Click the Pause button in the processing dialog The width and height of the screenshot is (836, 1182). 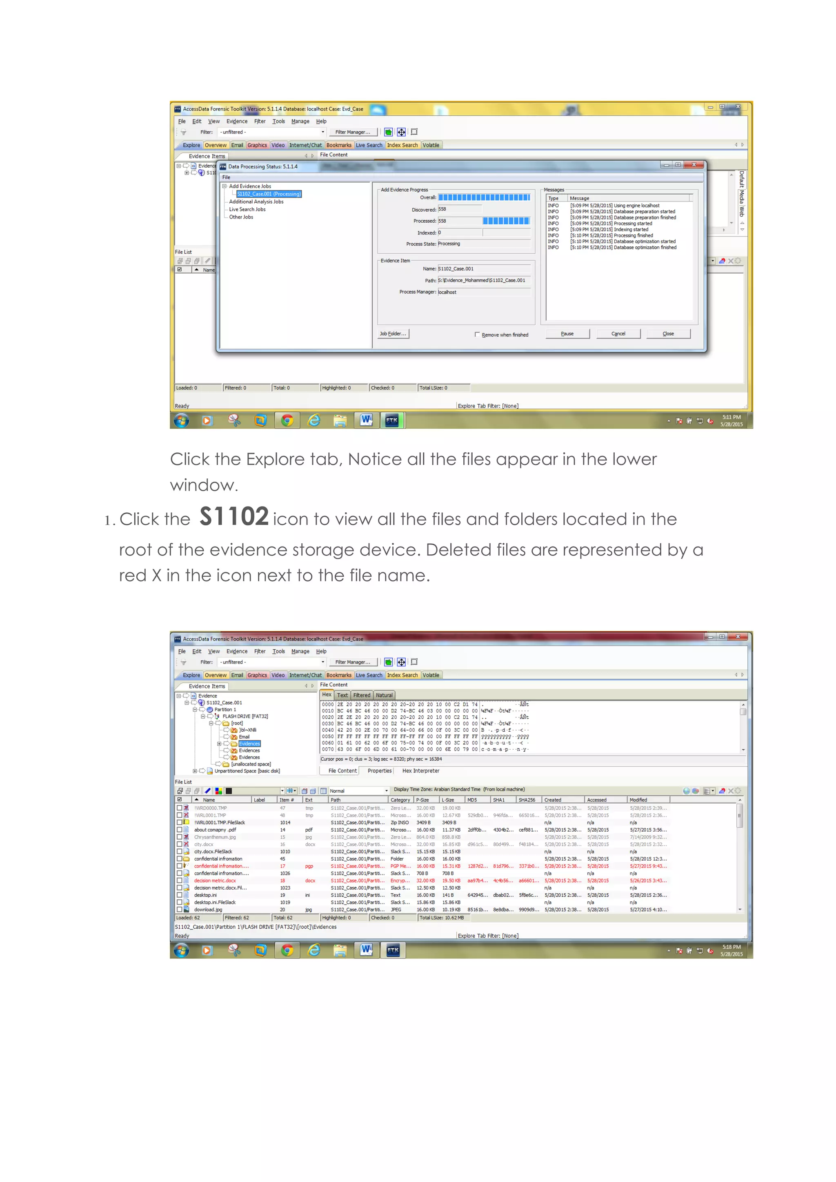567,334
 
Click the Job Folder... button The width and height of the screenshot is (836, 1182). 393,334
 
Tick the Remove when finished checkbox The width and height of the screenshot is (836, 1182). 477,334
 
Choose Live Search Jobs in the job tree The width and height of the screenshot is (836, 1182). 247,210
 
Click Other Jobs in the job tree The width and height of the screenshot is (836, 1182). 241,217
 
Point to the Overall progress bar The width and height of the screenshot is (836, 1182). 484,197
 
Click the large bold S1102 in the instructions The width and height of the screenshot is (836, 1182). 234,516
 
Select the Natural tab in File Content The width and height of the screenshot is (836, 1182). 384,695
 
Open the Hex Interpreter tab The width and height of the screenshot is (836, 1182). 420,771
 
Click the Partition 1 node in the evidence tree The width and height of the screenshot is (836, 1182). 225,709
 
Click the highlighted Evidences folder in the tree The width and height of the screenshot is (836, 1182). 249,744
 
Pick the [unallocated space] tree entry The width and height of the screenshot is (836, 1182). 251,764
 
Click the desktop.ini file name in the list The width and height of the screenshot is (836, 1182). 205,895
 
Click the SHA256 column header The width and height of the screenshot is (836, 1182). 527,799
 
